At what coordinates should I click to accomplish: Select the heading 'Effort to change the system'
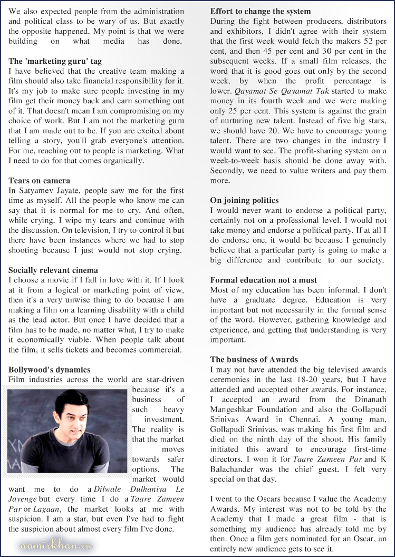tap(261, 11)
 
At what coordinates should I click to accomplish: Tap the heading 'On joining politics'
tap(244, 200)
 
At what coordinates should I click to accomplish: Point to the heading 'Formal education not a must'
tap(264, 280)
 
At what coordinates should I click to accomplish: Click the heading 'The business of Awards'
tap(254, 359)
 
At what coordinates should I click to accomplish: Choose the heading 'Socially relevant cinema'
tap(53, 270)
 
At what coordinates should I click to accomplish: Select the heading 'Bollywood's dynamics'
tap(50, 369)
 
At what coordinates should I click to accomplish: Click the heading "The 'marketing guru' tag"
tap(55, 61)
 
